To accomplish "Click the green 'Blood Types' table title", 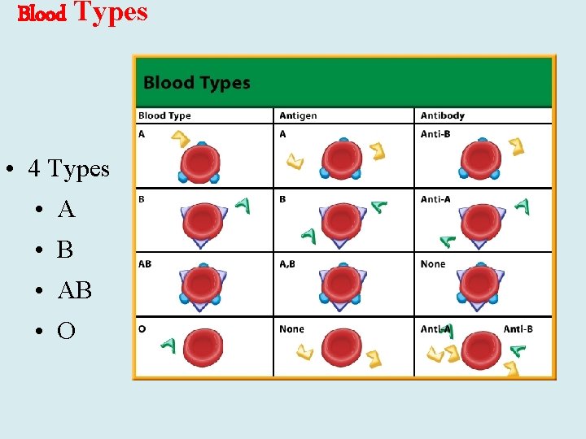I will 196,82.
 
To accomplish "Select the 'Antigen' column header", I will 298,115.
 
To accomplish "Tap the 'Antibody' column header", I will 443,115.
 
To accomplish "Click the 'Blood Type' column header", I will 164,115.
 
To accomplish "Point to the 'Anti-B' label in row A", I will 435,134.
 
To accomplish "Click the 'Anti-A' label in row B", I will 435,199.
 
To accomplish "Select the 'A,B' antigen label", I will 287,264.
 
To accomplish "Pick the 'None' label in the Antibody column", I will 433,264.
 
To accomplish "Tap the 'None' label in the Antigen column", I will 291,329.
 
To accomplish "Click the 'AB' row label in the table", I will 145,264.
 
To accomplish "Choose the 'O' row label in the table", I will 142,329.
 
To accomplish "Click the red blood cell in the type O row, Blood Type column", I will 203,348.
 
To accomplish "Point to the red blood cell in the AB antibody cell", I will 479,285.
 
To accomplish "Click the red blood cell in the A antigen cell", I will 341,161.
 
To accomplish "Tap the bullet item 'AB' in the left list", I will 75,290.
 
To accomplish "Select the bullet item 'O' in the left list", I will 67,331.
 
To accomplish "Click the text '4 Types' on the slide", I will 68,169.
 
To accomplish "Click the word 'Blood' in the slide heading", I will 42,15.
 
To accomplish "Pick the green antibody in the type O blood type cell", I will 168,346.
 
